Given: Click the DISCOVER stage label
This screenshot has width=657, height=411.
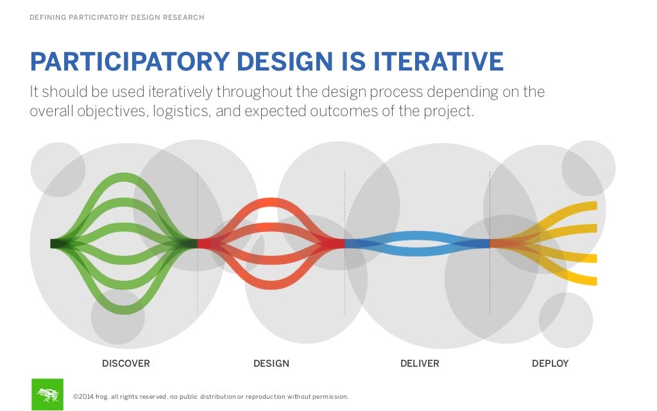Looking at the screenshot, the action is pos(126,364).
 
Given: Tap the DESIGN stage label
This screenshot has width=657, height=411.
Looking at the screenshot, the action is pos(271,364).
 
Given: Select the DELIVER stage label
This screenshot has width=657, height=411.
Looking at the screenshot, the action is pos(420,364).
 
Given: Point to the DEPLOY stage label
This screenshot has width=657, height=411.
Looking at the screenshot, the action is pos(550,364).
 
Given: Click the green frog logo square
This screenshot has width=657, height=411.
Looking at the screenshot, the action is pos(47,394).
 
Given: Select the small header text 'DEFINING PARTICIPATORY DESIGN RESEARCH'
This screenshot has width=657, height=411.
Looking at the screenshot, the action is pos(117,17).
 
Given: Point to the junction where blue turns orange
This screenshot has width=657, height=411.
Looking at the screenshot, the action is pos(491,244).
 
